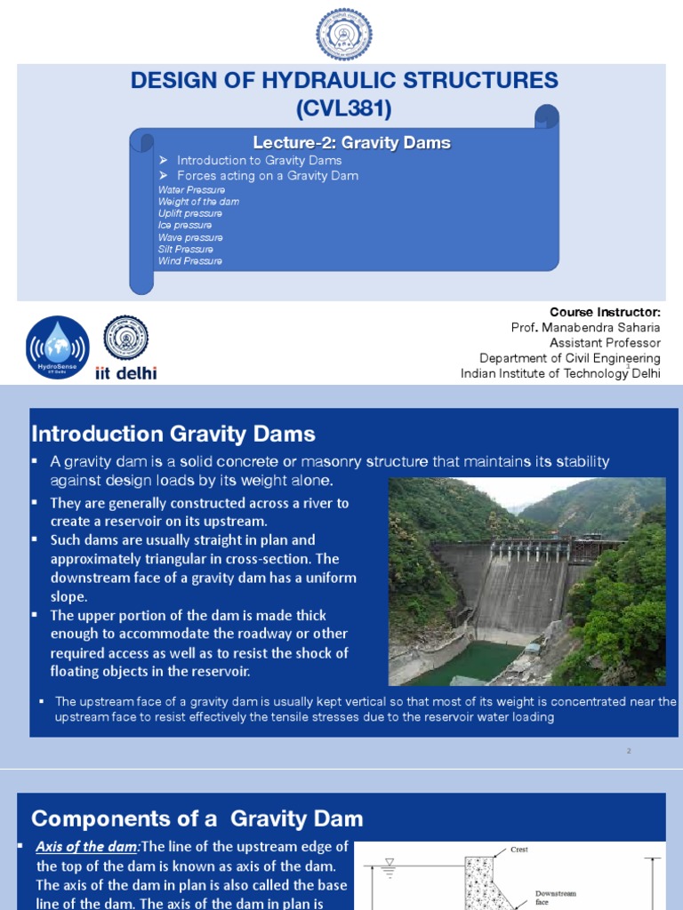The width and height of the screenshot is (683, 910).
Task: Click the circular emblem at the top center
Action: pyautogui.click(x=344, y=34)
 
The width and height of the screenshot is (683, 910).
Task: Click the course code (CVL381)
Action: pyautogui.click(x=344, y=109)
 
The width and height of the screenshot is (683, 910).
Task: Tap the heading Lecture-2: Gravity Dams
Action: pyautogui.click(x=351, y=142)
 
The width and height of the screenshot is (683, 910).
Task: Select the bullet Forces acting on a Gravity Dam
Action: pyautogui.click(x=267, y=176)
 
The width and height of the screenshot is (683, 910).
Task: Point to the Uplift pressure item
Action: pyautogui.click(x=189, y=213)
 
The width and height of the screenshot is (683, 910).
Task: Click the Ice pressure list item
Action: pyautogui.click(x=184, y=226)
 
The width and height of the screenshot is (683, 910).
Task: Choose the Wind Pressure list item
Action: pyautogui.click(x=189, y=261)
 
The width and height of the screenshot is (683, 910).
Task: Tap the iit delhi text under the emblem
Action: pyautogui.click(x=125, y=373)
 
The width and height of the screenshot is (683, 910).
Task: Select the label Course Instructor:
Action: pyautogui.click(x=605, y=312)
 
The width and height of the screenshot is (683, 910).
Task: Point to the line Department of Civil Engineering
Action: pyautogui.click(x=569, y=358)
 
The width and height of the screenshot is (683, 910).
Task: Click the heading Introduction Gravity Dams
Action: pyautogui.click(x=173, y=434)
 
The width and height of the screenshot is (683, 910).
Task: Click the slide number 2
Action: pyautogui.click(x=628, y=751)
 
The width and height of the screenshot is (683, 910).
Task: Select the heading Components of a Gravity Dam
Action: pyautogui.click(x=197, y=818)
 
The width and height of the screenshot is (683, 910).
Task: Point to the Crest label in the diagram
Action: pyautogui.click(x=518, y=850)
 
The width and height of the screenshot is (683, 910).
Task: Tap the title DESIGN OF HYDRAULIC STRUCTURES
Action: pyautogui.click(x=344, y=81)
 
